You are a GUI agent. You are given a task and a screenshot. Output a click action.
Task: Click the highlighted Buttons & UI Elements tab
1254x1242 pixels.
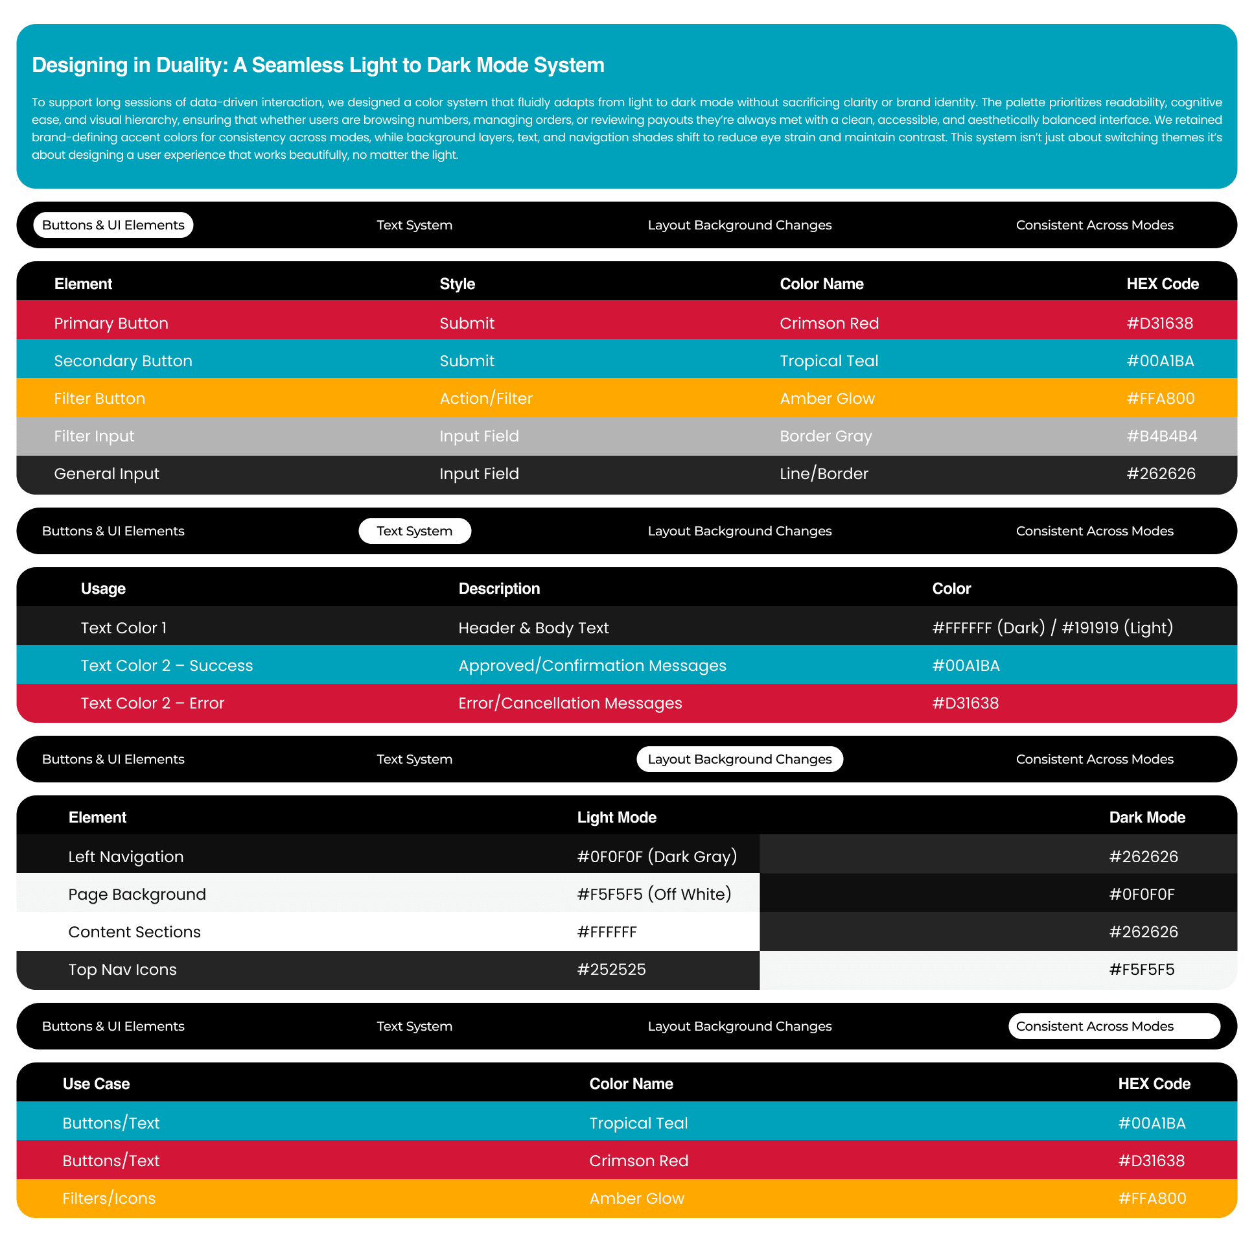coord(113,226)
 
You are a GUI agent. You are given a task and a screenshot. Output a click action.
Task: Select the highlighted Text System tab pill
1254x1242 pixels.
coord(414,531)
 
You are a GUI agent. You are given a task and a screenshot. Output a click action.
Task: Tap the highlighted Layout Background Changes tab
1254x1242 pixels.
coord(739,759)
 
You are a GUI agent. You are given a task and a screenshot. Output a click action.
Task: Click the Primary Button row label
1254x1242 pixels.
coord(111,323)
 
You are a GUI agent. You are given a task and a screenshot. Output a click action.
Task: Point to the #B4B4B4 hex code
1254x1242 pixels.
coord(1161,436)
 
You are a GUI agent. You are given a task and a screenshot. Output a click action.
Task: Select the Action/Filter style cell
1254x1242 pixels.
coord(485,399)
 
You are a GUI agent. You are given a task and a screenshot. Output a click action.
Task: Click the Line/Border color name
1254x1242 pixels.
coord(823,474)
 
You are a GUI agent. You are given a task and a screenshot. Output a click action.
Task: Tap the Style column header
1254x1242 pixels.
coord(457,284)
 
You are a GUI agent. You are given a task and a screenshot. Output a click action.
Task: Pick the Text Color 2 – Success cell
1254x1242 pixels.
coord(167,666)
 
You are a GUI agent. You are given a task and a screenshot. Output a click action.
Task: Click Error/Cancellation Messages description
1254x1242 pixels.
coord(570,703)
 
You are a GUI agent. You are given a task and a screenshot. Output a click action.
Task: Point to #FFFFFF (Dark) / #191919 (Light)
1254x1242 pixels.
coord(1052,628)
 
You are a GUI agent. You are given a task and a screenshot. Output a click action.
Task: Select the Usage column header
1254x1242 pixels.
coord(103,589)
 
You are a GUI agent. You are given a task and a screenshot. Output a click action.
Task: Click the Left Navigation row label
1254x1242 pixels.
coord(126,856)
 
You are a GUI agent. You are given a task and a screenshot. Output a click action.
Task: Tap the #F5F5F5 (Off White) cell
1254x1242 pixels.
coord(654,894)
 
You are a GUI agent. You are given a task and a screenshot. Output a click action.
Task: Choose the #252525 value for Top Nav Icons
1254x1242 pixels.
coord(611,969)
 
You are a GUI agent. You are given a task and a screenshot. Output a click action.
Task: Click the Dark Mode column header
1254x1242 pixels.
coord(1146,817)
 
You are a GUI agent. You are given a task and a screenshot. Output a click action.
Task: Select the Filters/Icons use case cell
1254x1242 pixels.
coord(109,1198)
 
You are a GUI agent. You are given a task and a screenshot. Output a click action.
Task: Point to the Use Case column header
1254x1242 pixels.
coord(96,1084)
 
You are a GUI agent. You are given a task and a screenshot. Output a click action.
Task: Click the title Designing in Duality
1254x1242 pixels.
coord(318,65)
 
